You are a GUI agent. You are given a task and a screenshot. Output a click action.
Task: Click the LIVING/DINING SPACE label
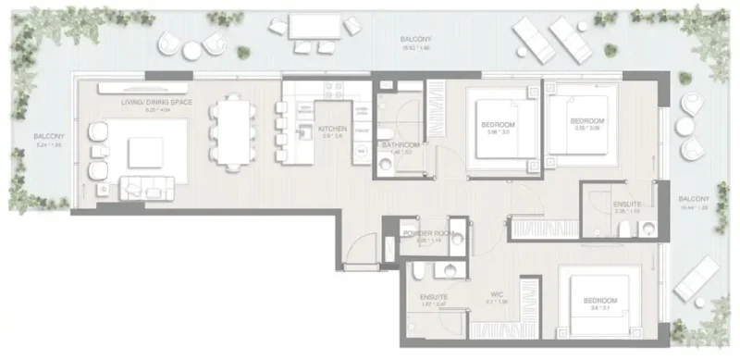[x=149, y=102]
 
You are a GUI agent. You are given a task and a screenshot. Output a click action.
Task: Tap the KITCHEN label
[x=331, y=129]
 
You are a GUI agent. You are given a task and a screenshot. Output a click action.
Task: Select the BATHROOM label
[x=401, y=145]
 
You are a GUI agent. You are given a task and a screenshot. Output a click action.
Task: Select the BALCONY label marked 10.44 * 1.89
[x=692, y=200]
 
